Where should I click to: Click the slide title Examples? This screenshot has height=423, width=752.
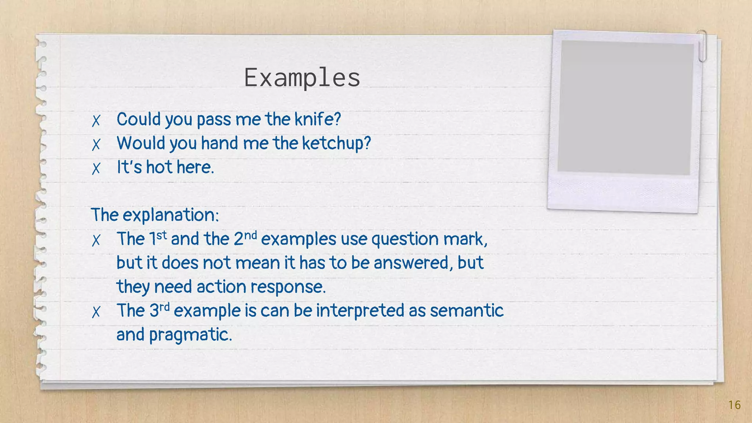302,78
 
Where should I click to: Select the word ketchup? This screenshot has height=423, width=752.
336,144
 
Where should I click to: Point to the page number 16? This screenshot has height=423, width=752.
734,405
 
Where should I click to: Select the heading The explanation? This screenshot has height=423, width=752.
155,215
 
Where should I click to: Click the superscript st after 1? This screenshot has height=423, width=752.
162,235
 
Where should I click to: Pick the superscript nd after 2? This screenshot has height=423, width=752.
250,235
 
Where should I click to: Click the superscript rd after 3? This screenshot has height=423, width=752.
164,307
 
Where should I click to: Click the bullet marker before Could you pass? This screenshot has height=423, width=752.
96,120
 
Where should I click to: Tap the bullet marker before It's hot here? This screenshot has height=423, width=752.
96,169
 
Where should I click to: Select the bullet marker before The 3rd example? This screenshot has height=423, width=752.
96,312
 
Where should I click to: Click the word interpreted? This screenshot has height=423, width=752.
360,311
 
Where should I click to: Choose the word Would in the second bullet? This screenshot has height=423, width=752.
141,143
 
